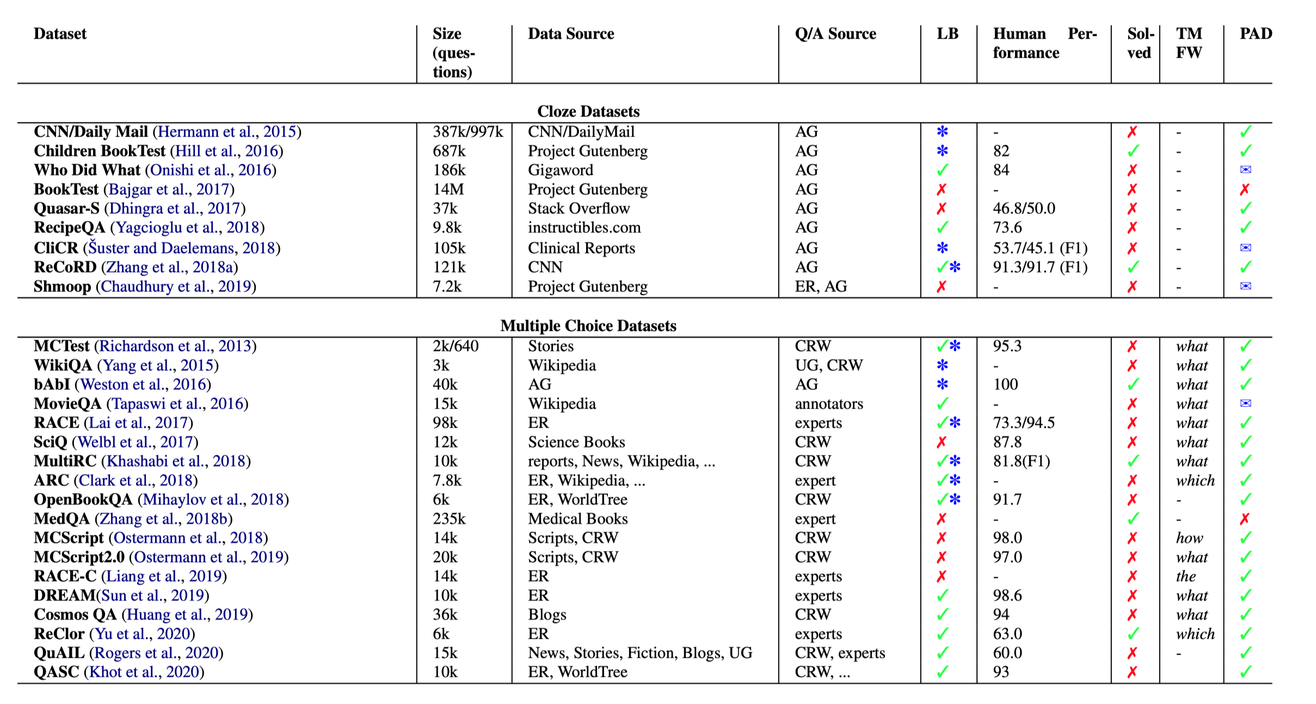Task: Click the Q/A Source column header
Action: (835, 34)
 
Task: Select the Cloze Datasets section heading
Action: (588, 112)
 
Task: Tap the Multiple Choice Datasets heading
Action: (588, 326)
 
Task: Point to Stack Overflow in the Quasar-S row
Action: (579, 208)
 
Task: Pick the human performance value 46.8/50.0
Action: (1024, 208)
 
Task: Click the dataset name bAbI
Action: (52, 385)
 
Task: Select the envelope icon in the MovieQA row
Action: (1245, 404)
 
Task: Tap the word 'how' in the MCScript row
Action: (1189, 538)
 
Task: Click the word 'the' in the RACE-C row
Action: (1186, 576)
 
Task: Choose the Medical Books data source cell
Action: (577, 519)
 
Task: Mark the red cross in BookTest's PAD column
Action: (1245, 189)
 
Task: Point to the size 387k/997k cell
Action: (468, 132)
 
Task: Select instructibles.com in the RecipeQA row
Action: (584, 227)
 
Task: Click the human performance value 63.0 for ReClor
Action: (1007, 634)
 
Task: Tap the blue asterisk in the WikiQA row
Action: (942, 366)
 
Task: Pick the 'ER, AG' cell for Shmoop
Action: (821, 287)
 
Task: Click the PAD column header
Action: (1256, 34)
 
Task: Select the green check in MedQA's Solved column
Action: (1133, 519)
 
